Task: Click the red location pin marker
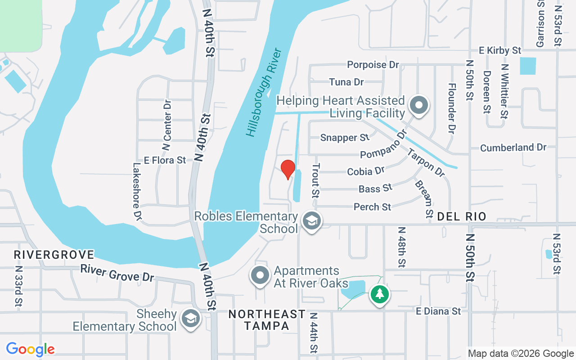288,169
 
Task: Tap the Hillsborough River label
264,92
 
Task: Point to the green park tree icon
380,294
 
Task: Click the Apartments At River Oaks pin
260,274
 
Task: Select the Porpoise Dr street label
373,65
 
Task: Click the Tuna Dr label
346,82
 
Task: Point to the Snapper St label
345,138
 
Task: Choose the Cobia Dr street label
366,171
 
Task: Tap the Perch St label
372,207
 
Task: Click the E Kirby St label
500,50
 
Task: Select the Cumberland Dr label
513,148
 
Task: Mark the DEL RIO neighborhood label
462,217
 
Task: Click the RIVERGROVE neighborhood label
54,255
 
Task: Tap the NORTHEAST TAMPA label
267,320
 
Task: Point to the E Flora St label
165,160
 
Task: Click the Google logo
31,349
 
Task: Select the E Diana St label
438,311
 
